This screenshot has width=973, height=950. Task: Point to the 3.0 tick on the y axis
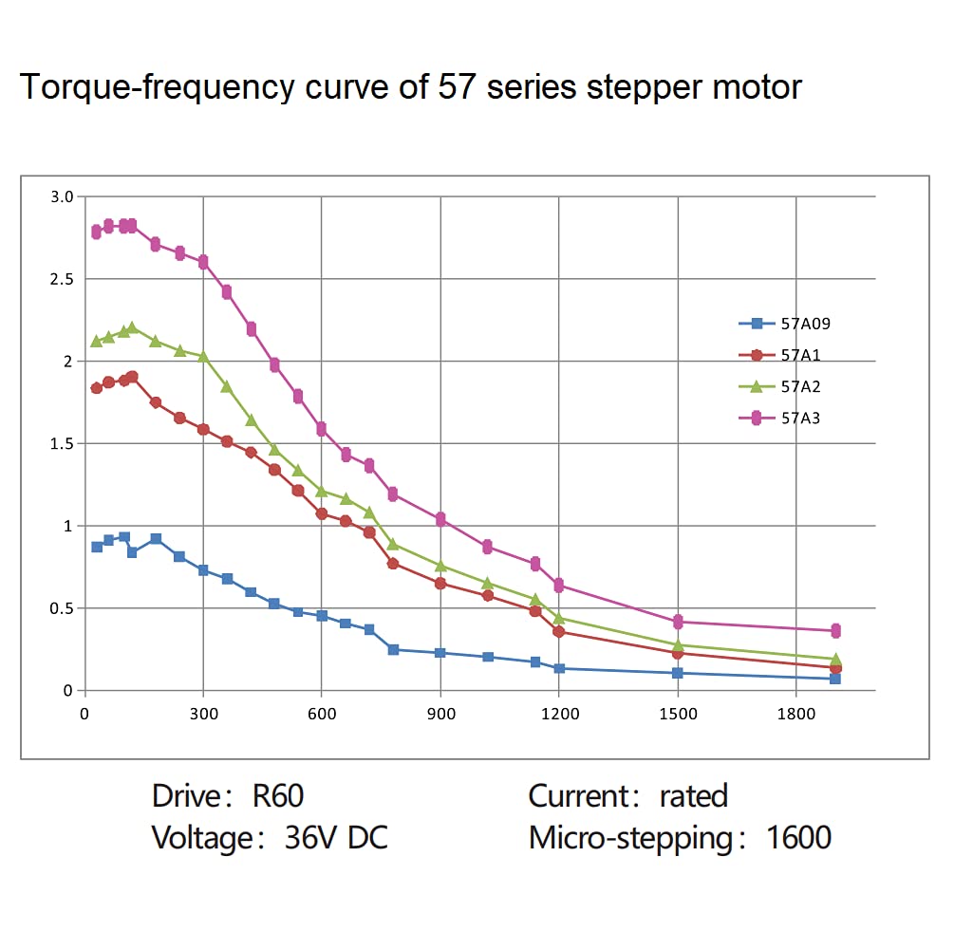click(62, 196)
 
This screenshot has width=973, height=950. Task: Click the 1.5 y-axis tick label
click(62, 443)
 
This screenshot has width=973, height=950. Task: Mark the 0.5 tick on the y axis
click(62, 608)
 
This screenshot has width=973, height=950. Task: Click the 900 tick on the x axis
click(440, 714)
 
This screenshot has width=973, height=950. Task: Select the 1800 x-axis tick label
click(795, 714)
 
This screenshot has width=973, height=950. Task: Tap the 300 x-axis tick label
click(203, 714)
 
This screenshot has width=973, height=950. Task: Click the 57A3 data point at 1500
click(678, 622)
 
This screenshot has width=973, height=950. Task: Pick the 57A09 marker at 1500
click(678, 673)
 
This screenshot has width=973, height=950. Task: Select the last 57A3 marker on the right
click(835, 630)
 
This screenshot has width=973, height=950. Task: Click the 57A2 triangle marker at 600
click(322, 491)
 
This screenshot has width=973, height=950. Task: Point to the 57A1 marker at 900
click(440, 583)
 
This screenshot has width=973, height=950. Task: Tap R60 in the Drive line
click(278, 795)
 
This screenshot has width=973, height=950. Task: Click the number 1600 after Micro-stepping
click(798, 838)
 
